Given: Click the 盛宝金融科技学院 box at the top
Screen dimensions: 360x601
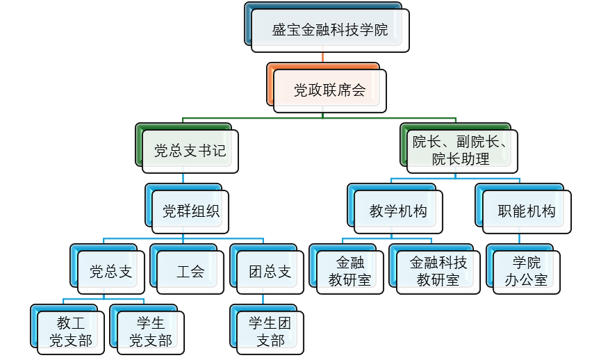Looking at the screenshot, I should click(329, 30).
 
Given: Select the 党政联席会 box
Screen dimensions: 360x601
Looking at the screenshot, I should click(329, 90).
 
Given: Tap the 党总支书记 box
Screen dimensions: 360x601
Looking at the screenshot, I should click(190, 151).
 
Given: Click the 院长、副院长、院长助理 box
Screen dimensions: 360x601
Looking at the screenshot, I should click(461, 151).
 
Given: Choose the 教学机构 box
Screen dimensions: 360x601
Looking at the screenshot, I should click(398, 211).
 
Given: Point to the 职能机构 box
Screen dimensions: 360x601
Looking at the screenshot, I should click(527, 211).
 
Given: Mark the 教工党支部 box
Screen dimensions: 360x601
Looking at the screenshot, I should click(71, 332).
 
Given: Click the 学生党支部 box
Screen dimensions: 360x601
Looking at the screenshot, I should click(150, 332).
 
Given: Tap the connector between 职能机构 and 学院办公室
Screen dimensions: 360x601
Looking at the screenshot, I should click(520, 239).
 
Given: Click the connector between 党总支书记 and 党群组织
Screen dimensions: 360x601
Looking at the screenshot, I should click(183, 178).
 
